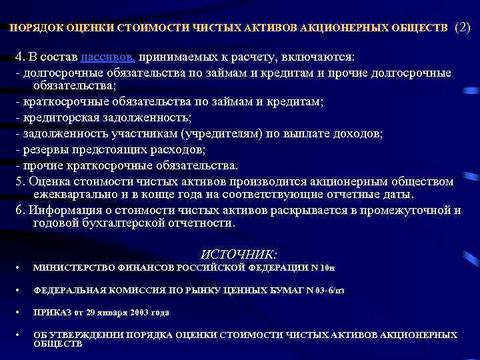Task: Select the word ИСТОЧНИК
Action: [x=239, y=254]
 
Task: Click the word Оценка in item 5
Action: [x=48, y=182]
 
